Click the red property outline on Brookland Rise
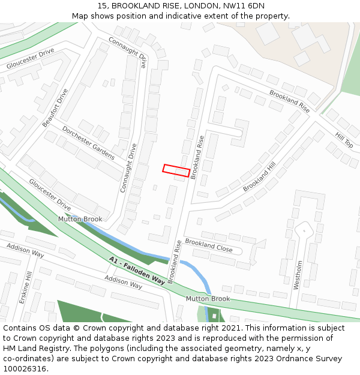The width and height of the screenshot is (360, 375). [x=176, y=170]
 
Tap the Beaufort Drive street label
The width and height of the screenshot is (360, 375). [x=55, y=108]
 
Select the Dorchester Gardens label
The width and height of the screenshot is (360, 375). [x=88, y=142]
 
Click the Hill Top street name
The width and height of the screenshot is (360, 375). [x=344, y=140]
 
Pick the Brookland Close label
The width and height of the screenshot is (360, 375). [x=208, y=245]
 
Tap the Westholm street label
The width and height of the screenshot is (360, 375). [x=298, y=275]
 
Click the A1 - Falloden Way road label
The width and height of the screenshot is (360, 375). [x=137, y=271]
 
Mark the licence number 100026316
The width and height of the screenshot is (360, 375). [x=25, y=369]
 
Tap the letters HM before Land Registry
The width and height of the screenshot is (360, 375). [x=10, y=349]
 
